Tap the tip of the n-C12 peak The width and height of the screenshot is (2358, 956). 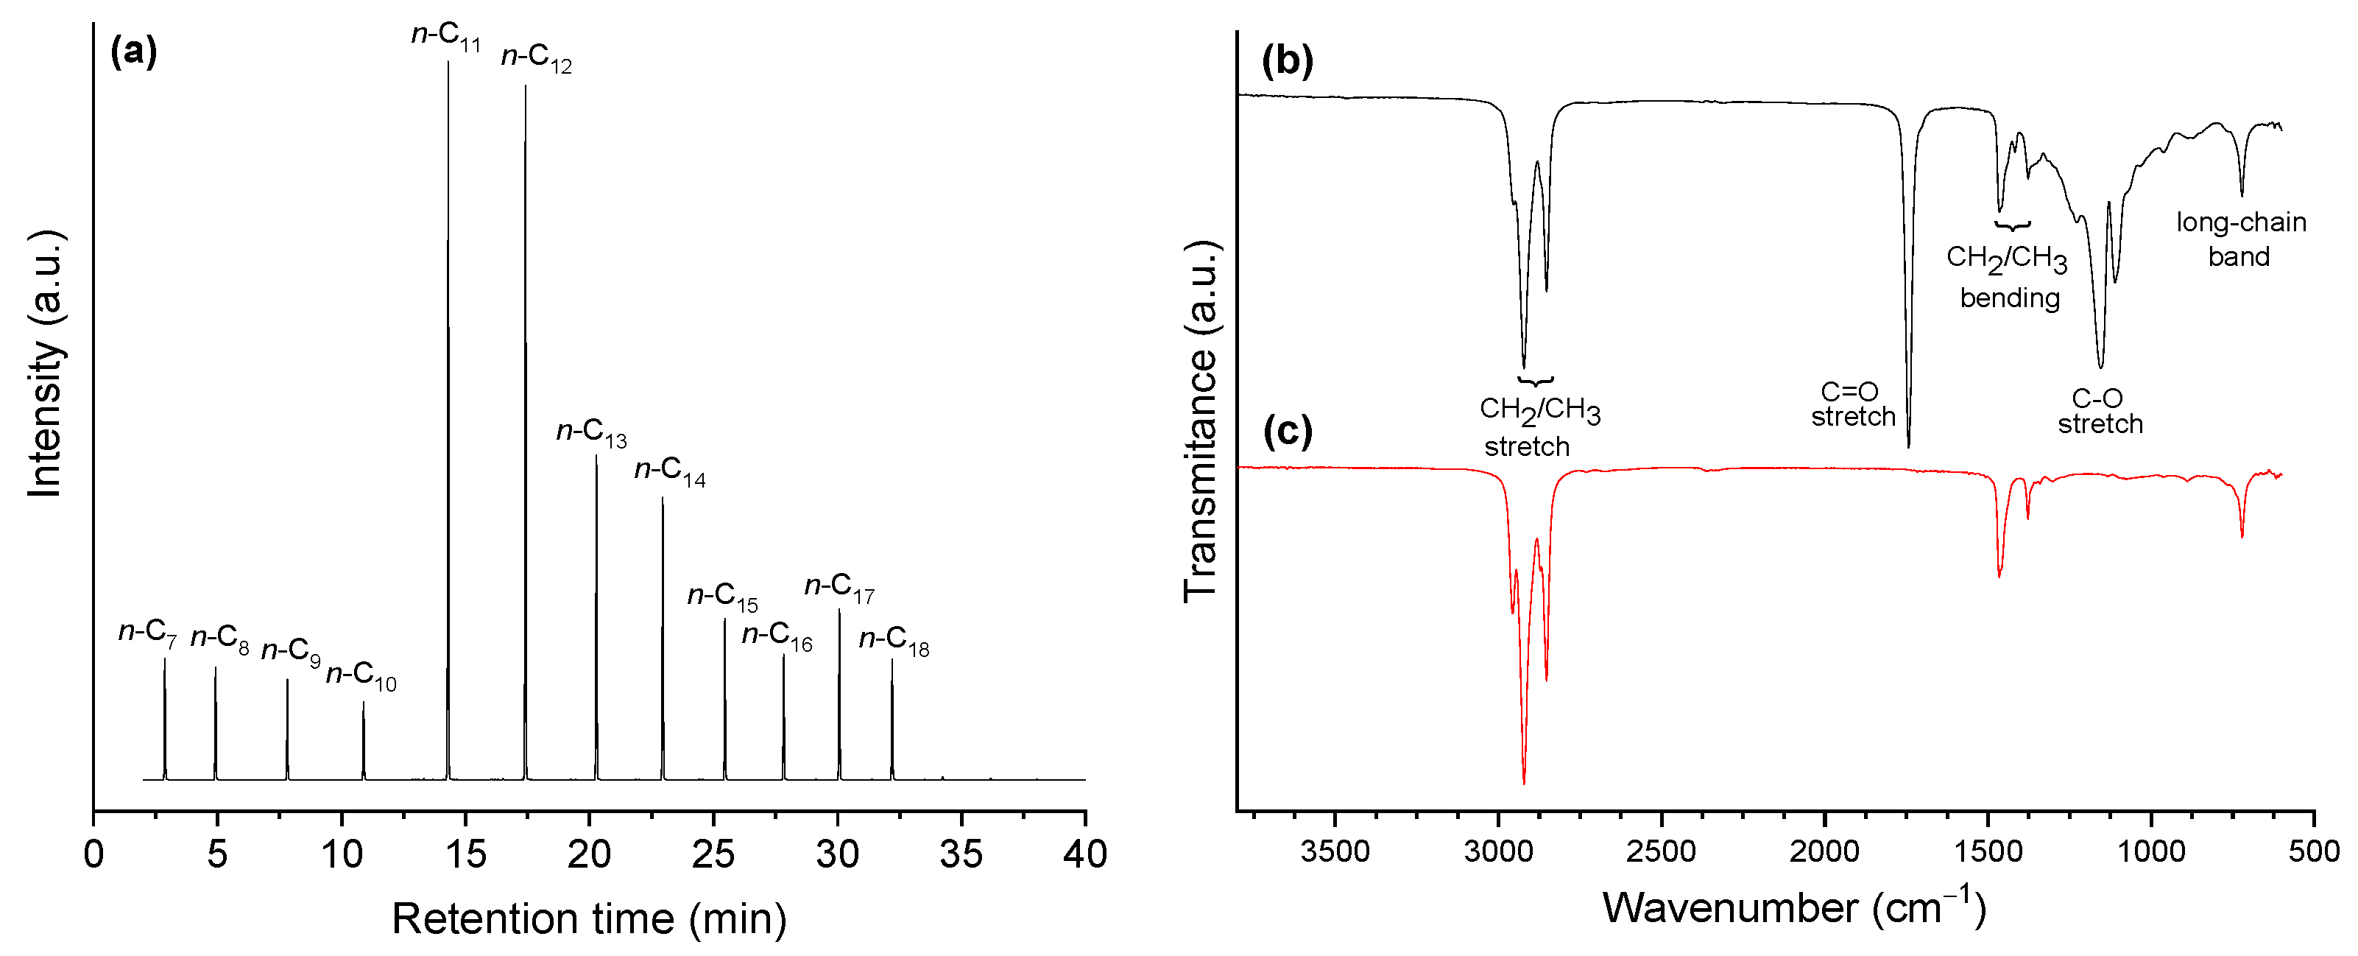[526, 86]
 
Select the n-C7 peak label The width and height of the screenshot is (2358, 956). [147, 632]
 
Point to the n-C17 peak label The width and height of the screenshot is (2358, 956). [839, 586]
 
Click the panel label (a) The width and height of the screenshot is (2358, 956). [134, 52]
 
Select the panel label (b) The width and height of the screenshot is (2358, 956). [1287, 60]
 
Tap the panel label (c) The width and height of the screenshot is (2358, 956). [1287, 430]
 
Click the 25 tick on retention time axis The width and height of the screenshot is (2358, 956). [713, 854]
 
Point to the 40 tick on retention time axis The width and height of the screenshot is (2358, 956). [1084, 854]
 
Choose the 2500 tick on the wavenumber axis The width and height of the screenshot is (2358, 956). [1661, 851]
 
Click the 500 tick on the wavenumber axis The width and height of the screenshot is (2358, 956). [2313, 851]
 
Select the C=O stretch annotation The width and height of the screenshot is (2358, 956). [1853, 404]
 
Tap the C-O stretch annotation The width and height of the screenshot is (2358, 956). [2100, 411]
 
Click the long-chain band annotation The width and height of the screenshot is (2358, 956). [2240, 239]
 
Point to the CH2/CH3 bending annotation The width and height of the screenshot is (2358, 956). [2008, 276]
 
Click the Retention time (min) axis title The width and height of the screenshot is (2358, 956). [590, 918]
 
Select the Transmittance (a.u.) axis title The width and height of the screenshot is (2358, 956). [1200, 421]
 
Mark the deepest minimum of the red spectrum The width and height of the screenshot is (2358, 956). [1524, 783]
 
